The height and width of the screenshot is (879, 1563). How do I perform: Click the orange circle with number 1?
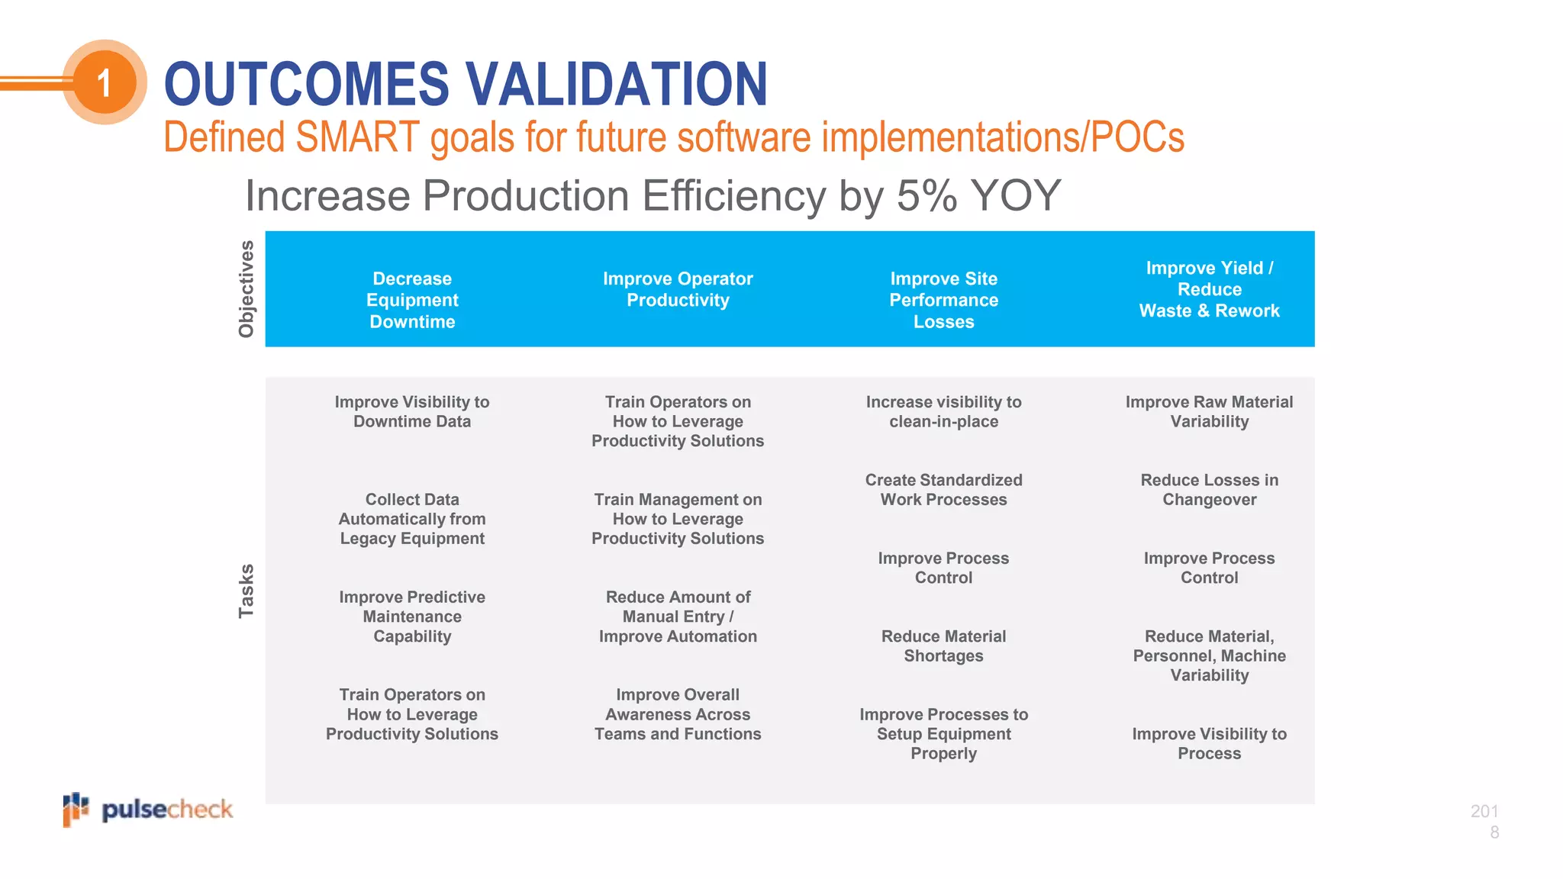(105, 82)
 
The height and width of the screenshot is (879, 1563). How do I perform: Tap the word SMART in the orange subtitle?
(357, 138)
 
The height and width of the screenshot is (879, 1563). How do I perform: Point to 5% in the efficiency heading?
(927, 195)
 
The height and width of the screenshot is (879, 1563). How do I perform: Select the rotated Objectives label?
(246, 289)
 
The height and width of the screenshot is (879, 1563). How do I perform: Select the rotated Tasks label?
(246, 591)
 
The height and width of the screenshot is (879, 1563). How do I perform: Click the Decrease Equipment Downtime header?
(412, 300)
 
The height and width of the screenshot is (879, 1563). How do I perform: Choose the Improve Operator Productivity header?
(678, 289)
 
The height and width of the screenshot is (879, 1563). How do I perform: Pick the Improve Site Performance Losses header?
(943, 300)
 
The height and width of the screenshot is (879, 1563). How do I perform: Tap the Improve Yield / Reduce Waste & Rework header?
(1209, 289)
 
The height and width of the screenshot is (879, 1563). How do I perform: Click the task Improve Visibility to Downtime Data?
(412, 411)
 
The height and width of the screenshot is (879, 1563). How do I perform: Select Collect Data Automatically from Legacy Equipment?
(412, 519)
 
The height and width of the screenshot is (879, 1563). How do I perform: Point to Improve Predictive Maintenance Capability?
(412, 617)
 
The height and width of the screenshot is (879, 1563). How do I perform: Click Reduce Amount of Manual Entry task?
(678, 617)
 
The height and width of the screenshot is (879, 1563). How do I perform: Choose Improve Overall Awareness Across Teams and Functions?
(678, 714)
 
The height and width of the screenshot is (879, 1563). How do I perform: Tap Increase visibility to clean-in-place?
(943, 411)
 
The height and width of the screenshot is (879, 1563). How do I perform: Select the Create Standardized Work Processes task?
(943, 490)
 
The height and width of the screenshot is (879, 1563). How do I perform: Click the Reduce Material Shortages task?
(943, 646)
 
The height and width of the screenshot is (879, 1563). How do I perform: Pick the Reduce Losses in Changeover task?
(1209, 490)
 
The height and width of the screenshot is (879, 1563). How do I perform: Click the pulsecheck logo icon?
(76, 809)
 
